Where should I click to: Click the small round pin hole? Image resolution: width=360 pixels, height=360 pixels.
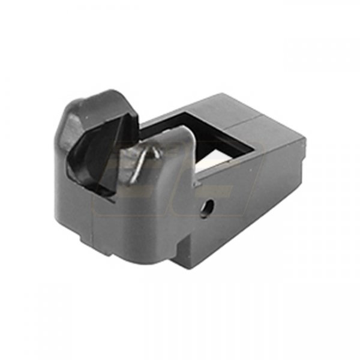click(x=208, y=208)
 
